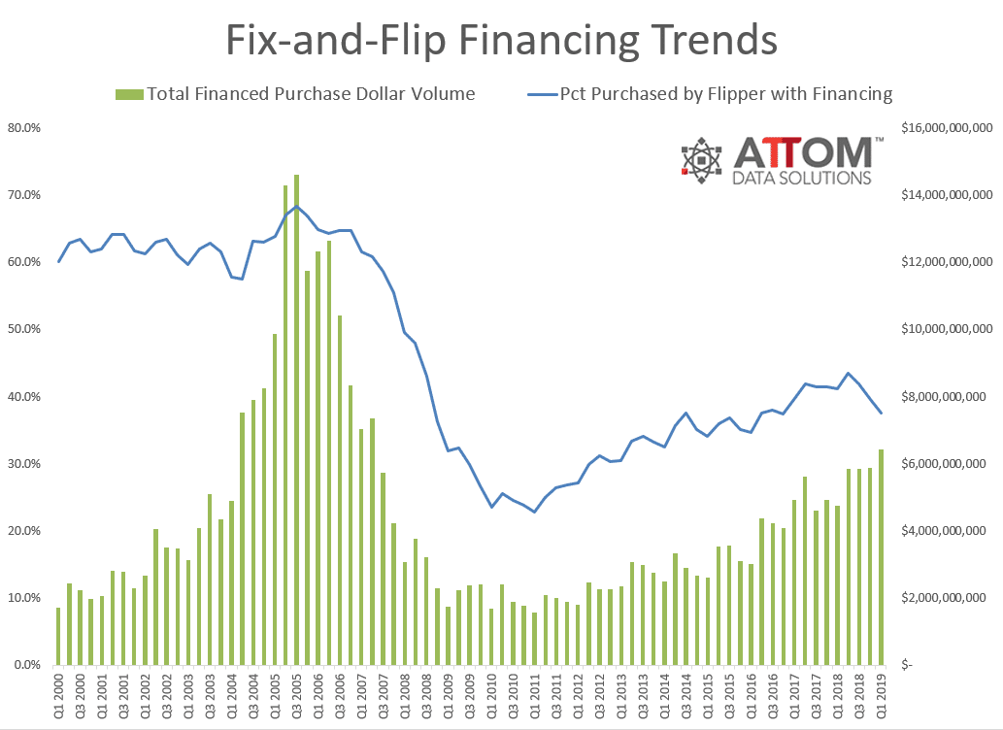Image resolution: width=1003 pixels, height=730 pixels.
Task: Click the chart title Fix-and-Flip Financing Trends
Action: [501, 41]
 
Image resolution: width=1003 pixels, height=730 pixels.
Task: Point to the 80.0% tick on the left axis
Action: [23, 128]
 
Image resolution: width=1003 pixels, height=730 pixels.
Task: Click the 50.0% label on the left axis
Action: [23, 329]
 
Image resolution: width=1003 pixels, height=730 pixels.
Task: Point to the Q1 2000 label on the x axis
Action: [59, 698]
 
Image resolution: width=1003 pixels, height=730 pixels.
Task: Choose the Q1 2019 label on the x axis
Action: [882, 698]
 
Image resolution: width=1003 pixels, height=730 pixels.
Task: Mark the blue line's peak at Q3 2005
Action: [296, 206]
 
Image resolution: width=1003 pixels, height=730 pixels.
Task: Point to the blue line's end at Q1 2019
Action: [882, 414]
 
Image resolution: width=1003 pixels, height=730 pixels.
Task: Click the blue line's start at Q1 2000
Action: [58, 262]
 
